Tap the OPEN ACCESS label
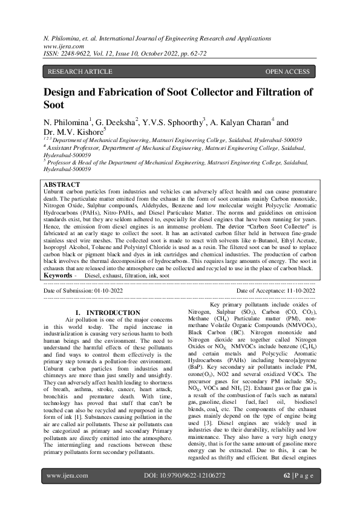coord(287,72)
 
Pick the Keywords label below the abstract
coord(61,274)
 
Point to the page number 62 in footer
coord(287,493)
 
